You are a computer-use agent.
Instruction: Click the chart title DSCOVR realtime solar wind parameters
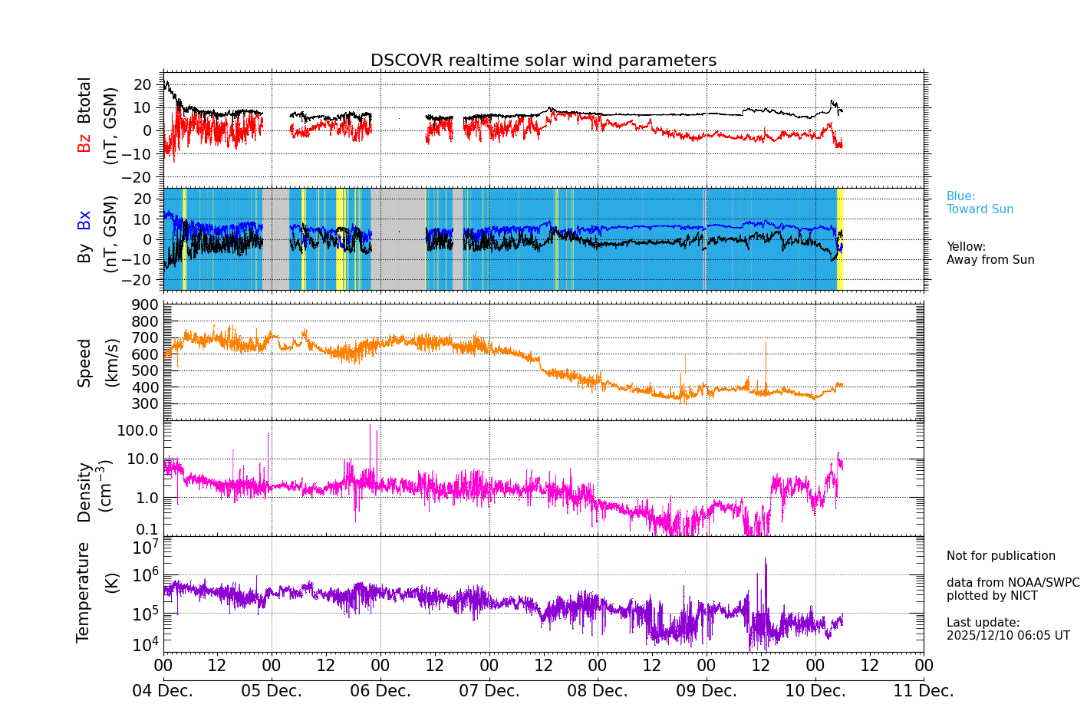[543, 61]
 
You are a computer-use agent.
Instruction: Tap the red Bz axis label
[84, 143]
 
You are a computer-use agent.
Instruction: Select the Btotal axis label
[84, 100]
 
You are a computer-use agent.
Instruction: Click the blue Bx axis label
[84, 219]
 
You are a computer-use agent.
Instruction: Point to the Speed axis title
[84, 362]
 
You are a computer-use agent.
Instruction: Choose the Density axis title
[84, 492]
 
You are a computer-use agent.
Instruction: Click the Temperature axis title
[83, 591]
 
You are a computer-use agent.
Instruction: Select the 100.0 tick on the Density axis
[137, 430]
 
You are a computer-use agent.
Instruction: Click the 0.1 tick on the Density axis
[147, 529]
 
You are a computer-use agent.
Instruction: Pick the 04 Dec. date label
[163, 691]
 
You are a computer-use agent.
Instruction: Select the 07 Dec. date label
[489, 691]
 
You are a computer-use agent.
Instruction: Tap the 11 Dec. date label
[923, 691]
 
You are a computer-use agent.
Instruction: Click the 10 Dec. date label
[815, 691]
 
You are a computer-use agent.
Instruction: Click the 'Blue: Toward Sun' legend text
[980, 202]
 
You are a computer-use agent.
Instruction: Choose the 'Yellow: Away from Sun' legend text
[990, 253]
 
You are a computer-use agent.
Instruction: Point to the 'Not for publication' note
[1000, 556]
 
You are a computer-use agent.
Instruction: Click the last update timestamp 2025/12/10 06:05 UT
[1007, 636]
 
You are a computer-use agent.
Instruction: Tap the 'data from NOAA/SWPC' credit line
[1013, 583]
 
